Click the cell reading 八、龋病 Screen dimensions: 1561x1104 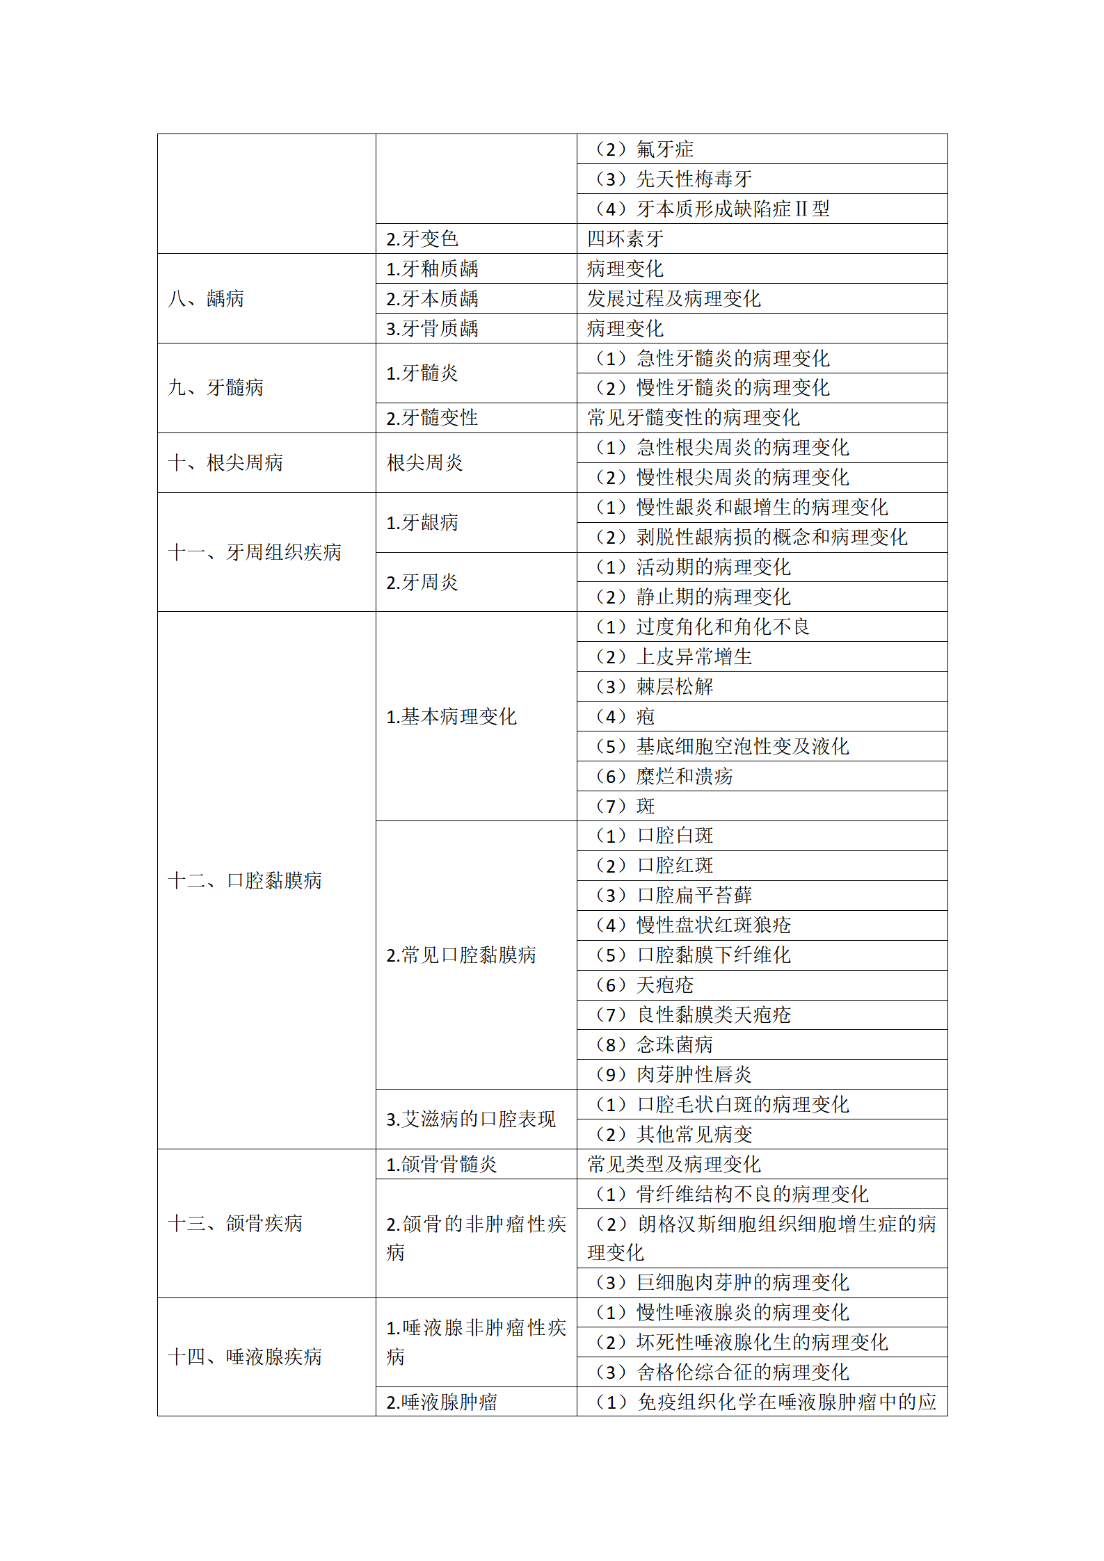pyautogui.click(x=206, y=299)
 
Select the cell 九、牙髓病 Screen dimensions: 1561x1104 pyautogui.click(x=216, y=388)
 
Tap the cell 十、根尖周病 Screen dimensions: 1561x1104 pyautogui.click(x=225, y=463)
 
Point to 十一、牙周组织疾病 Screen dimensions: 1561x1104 pyautogui.click(x=255, y=553)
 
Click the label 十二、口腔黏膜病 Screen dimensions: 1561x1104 pyautogui.click(x=245, y=881)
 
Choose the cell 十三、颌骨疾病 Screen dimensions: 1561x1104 pyautogui.click(x=235, y=1224)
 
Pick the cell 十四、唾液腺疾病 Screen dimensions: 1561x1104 pyautogui.click(x=245, y=1357)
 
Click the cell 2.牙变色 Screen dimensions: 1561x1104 pyautogui.click(x=422, y=239)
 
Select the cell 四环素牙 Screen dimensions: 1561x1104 pyautogui.click(x=625, y=239)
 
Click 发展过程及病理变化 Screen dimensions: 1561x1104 pyautogui.click(x=673, y=299)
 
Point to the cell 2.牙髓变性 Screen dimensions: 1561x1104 pyautogui.click(x=432, y=418)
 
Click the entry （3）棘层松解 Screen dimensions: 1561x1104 pyautogui.click(x=654, y=687)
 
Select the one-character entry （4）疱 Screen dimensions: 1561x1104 pyautogui.click(x=625, y=717)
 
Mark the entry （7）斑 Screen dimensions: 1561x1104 pyautogui.click(x=625, y=807)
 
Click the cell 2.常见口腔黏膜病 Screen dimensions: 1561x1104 pyautogui.click(x=461, y=955)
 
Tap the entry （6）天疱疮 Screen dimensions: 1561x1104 pyautogui.click(x=644, y=985)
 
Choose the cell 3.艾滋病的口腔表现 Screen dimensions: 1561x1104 pyautogui.click(x=471, y=1119)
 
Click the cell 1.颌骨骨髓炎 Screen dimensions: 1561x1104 pyautogui.click(x=442, y=1165)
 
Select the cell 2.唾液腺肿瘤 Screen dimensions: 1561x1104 pyautogui.click(x=442, y=1402)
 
